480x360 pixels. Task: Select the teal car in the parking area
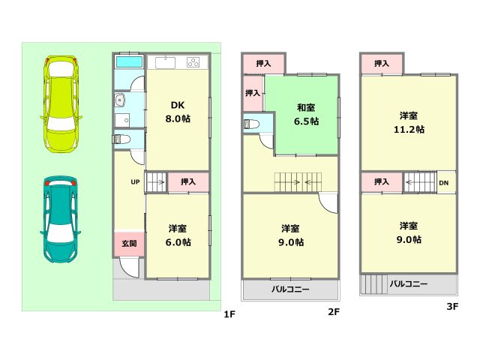pyautogui.click(x=61, y=220)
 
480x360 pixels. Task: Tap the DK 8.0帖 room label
pyautogui.click(x=178, y=112)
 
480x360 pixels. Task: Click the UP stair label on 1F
pyautogui.click(x=135, y=181)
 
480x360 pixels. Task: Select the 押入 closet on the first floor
pyautogui.click(x=188, y=181)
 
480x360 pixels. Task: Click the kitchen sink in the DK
pyautogui.click(x=164, y=62)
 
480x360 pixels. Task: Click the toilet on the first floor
pyautogui.click(x=121, y=139)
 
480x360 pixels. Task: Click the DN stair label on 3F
pyautogui.click(x=444, y=182)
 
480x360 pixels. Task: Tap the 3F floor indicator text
pyautogui.click(x=452, y=306)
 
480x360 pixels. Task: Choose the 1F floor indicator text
pyautogui.click(x=229, y=313)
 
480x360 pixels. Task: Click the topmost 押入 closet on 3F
pyautogui.click(x=382, y=64)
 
